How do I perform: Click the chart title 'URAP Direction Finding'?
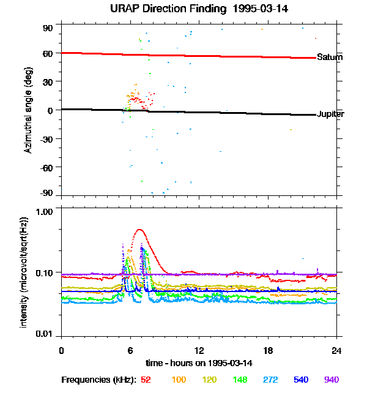click(x=161, y=9)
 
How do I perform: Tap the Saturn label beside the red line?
click(x=329, y=58)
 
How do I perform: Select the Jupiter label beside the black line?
click(x=330, y=115)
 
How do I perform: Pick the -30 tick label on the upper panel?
click(x=46, y=138)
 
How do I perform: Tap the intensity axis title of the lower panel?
click(x=24, y=271)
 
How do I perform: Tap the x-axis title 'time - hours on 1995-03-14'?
click(x=199, y=363)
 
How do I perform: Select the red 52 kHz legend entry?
click(x=146, y=380)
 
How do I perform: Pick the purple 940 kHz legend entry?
click(x=331, y=380)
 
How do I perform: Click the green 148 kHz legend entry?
click(x=240, y=380)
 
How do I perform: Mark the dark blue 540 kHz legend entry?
click(x=301, y=380)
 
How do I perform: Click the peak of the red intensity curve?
click(x=139, y=230)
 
